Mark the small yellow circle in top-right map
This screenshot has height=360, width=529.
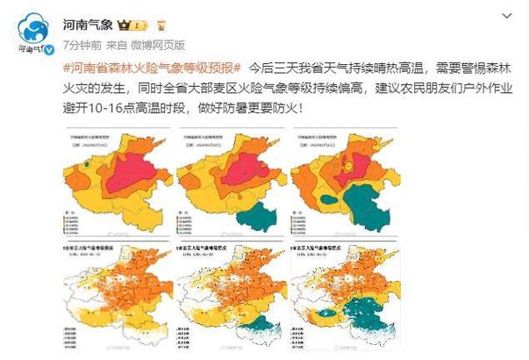[350, 163]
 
